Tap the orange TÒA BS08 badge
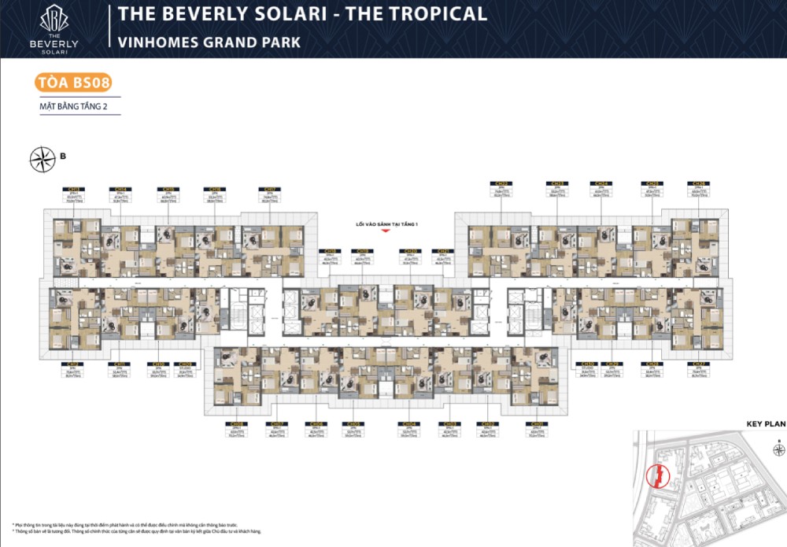pyautogui.click(x=72, y=82)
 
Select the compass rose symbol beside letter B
pyautogui.click(x=40, y=160)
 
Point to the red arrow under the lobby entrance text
pyautogui.click(x=385, y=232)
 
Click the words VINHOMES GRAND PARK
pyautogui.click(x=209, y=42)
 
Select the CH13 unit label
pyautogui.click(x=74, y=190)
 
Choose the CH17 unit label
pyautogui.click(x=269, y=190)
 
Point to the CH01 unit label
pyautogui.click(x=537, y=423)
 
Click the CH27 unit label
pyautogui.click(x=697, y=364)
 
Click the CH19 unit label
pyautogui.click(x=363, y=252)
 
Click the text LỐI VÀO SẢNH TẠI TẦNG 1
pyautogui.click(x=386, y=224)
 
